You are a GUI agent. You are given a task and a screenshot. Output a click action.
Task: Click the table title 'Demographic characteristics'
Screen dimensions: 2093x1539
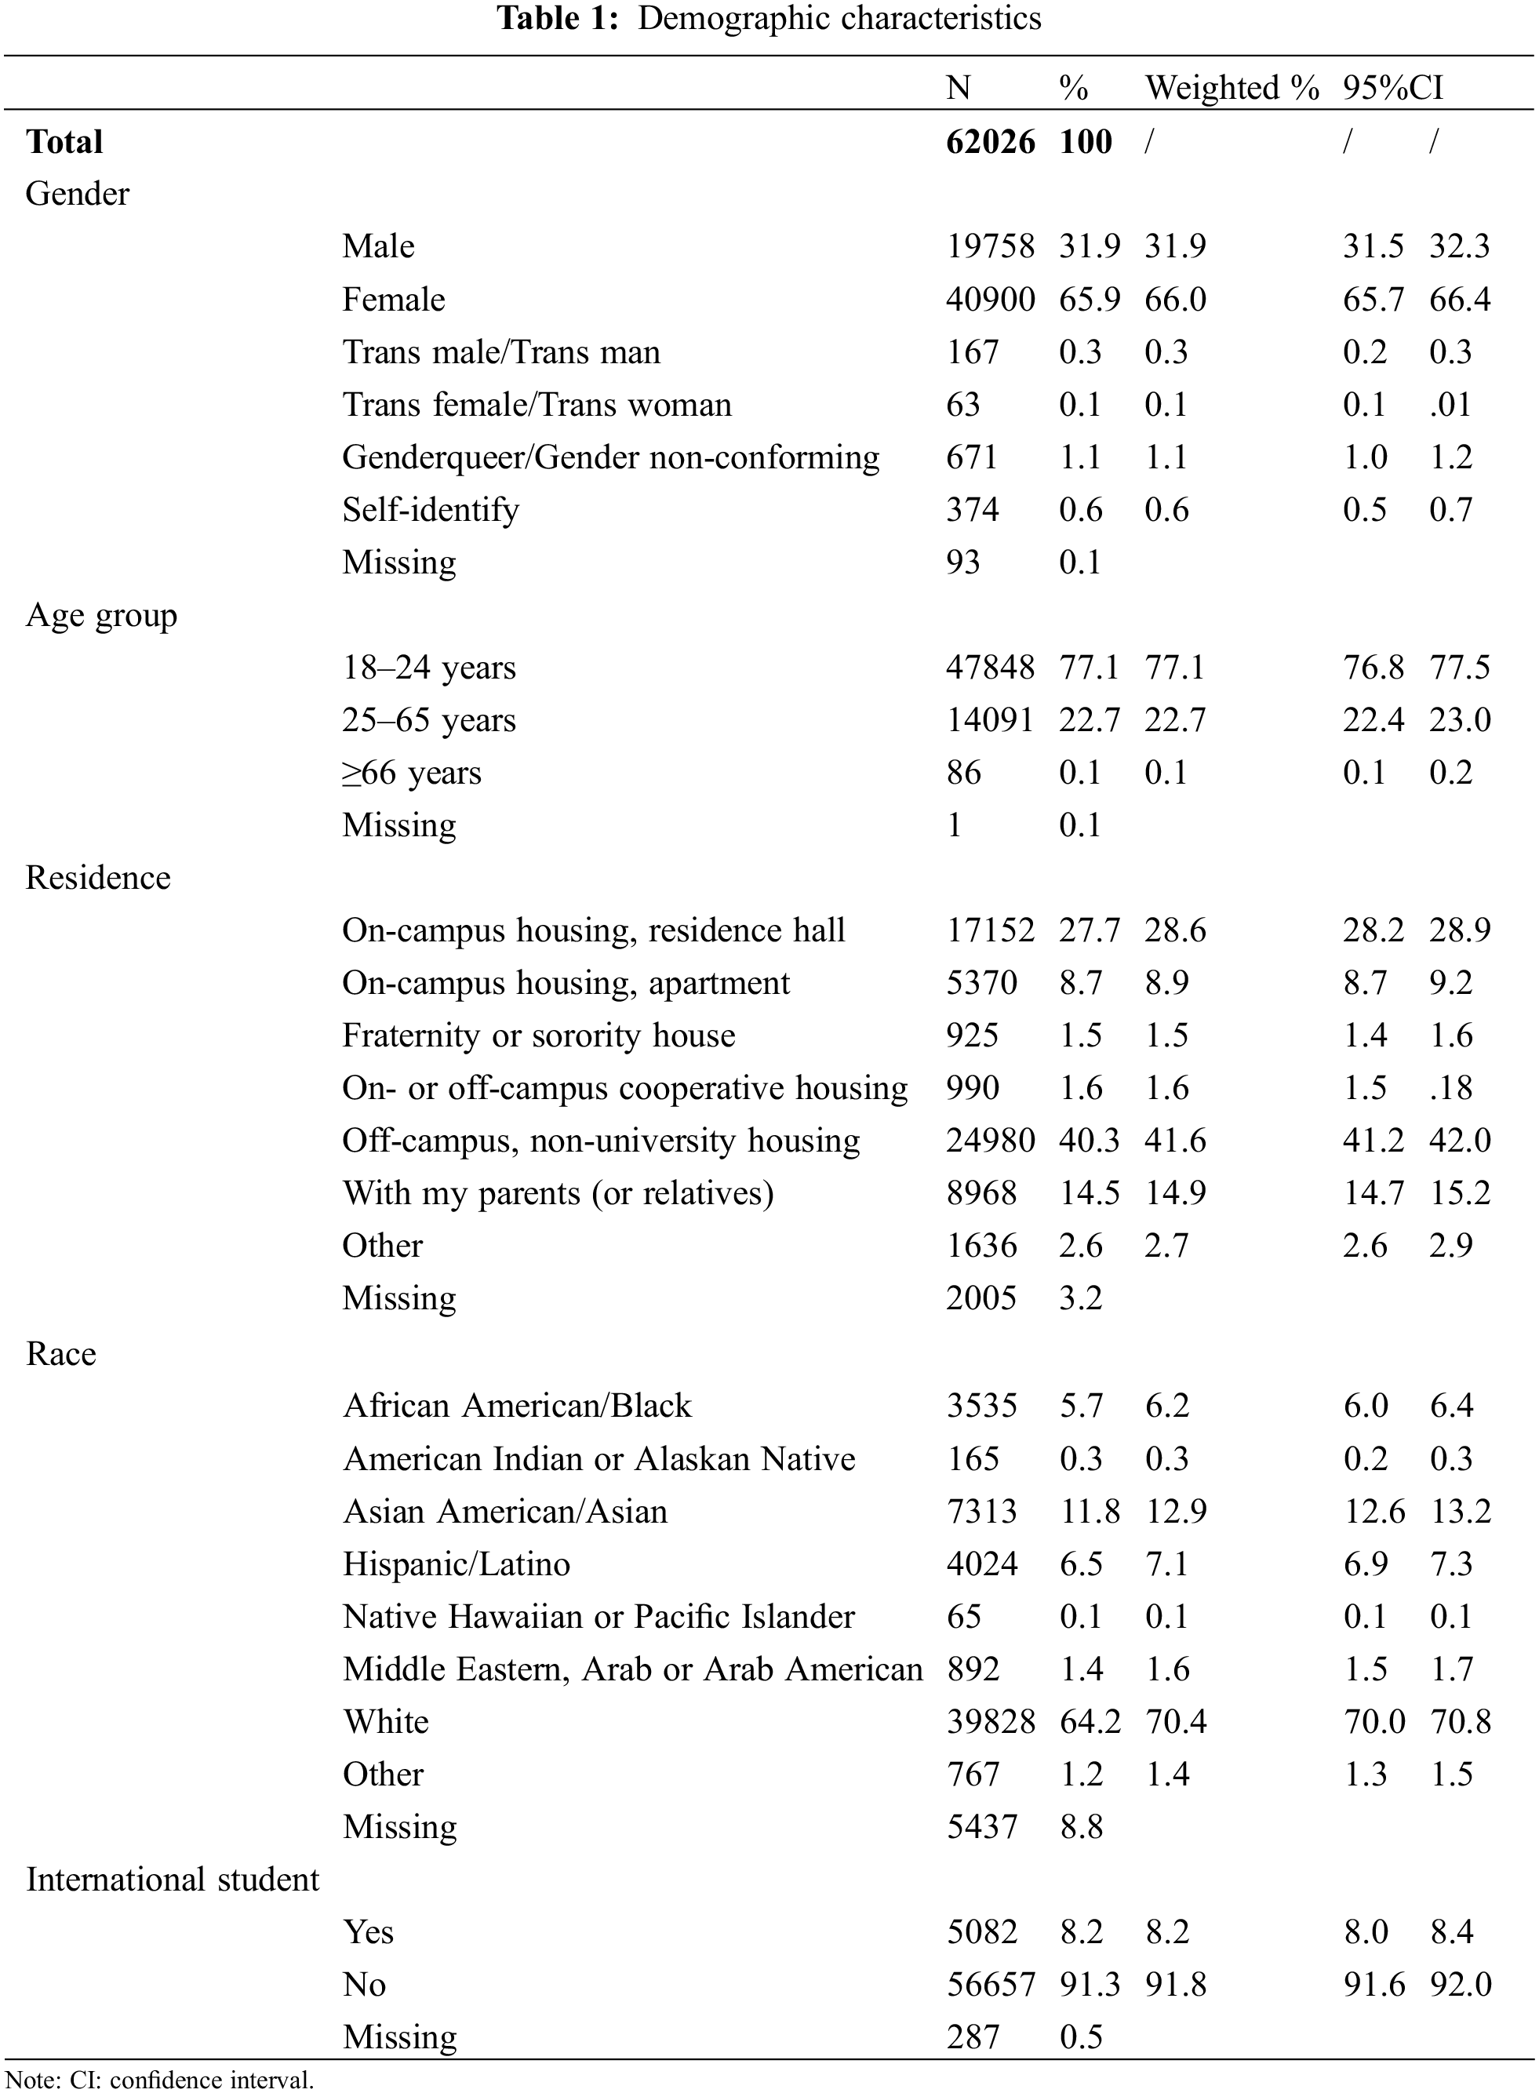[x=839, y=18]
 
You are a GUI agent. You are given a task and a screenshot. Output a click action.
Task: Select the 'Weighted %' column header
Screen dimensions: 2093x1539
[x=1232, y=88]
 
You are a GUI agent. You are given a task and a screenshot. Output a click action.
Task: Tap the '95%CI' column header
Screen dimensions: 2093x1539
[x=1393, y=88]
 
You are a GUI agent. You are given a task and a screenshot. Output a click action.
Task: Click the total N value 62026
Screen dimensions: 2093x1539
[x=989, y=141]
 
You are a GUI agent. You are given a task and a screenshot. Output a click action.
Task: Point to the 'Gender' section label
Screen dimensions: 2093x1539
[x=78, y=194]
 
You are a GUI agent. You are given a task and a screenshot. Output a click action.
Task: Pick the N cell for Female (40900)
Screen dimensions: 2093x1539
[x=989, y=299]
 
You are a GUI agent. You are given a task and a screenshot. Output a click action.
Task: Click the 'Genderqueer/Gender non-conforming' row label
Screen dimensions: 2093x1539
[x=610, y=457]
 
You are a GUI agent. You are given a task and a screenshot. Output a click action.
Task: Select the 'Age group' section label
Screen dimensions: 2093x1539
[x=100, y=615]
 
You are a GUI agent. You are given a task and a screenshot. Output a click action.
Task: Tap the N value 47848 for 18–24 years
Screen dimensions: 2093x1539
[x=989, y=667]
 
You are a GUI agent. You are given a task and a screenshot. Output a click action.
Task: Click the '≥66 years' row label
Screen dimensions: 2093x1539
[x=411, y=772]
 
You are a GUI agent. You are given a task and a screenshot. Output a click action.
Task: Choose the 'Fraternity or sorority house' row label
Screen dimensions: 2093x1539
[x=538, y=1035]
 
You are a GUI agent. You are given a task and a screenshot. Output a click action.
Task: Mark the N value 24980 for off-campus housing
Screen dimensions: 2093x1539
[x=989, y=1140]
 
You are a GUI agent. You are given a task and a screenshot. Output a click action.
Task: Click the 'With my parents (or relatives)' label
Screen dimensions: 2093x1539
[x=557, y=1192]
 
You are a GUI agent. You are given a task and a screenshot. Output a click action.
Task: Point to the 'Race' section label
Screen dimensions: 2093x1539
[x=60, y=1352]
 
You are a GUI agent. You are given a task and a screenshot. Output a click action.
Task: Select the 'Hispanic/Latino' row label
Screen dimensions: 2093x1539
[x=456, y=1563]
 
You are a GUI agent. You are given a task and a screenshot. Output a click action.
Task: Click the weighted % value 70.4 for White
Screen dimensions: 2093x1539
[x=1175, y=1720]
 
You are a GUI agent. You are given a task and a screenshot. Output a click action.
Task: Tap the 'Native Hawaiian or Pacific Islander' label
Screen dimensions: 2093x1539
[x=598, y=1616]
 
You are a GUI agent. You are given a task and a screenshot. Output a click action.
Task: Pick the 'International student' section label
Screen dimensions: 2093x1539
[x=173, y=1879]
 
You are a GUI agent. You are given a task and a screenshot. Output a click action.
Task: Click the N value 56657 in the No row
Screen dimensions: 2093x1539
[x=990, y=1984]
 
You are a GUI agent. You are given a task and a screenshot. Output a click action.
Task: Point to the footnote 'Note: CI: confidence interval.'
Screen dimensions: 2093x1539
[x=159, y=2080]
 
